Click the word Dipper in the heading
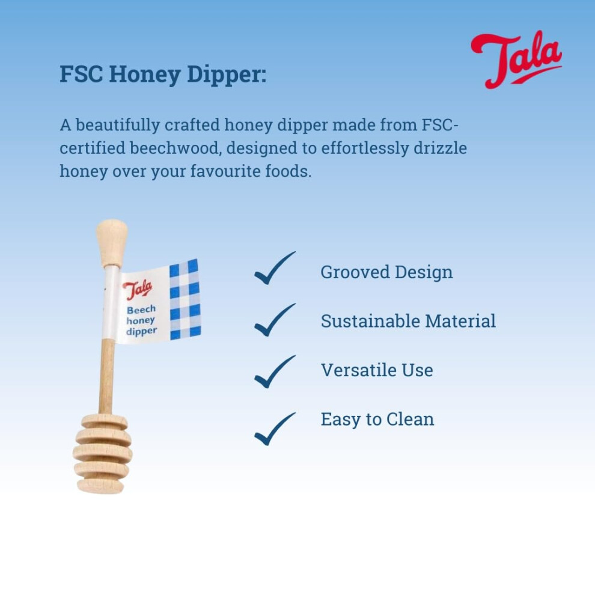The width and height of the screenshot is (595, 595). (227, 75)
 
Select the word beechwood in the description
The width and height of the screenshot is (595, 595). (175, 148)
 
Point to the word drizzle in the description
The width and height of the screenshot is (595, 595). (440, 148)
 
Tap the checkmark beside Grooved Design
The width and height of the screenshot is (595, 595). (275, 268)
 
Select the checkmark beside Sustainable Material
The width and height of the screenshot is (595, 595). (275, 320)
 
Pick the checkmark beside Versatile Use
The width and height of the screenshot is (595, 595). (275, 372)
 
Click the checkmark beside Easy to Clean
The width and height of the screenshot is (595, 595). (275, 429)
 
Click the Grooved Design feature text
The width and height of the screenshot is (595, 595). (386, 273)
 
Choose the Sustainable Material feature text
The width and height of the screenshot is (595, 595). (408, 321)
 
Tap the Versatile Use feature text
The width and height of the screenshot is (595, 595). (377, 370)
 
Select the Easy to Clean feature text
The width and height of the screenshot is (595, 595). (377, 420)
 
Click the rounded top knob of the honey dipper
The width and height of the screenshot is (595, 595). (112, 243)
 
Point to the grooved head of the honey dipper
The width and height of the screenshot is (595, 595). (102, 454)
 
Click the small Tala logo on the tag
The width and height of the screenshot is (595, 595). (138, 290)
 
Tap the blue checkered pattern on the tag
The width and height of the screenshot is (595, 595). (185, 299)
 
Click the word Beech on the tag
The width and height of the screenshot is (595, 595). (141, 310)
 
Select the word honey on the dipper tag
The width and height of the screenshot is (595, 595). (141, 321)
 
